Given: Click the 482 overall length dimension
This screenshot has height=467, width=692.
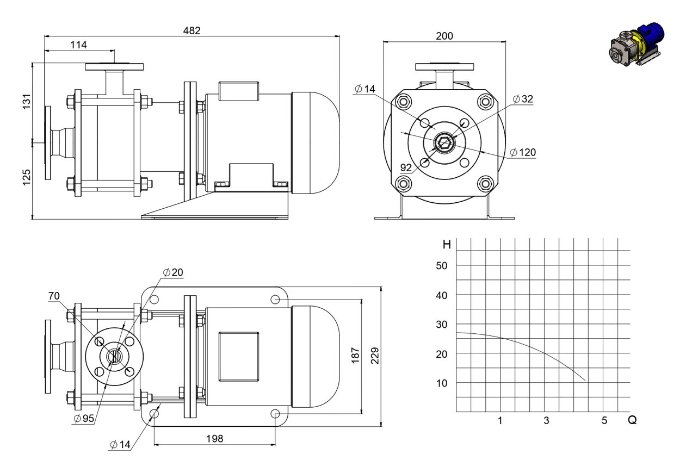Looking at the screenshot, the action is pos(191,30).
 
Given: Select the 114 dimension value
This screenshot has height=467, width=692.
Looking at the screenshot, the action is pos(78,45).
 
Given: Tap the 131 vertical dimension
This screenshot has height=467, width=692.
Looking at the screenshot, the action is pos(27,101).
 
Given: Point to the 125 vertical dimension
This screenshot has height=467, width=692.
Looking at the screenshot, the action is pos(27,177).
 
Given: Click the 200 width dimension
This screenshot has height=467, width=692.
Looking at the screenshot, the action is pos(444,36).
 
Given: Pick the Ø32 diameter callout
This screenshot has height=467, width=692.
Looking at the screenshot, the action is pos(523,99).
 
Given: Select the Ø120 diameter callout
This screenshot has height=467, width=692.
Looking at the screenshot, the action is pos(523,152).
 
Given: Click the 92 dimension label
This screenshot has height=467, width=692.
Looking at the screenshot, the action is pos(406,167).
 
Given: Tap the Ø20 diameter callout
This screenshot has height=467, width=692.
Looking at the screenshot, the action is pos(173,272).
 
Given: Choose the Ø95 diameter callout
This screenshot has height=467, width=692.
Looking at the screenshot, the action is pos(84,419).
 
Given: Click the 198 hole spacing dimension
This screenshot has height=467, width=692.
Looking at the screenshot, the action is pos(214,439).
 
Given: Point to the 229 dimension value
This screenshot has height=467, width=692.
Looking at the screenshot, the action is pos(375,356).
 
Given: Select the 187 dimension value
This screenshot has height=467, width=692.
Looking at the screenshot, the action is pos(356,355).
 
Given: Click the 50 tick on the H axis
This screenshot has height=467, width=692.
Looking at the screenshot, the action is pos(441,266).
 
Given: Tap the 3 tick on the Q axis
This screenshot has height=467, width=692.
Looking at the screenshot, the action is pos(547,420).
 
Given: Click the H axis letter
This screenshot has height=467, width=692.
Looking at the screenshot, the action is pos(447,245).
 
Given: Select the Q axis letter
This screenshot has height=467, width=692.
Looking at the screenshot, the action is pos(632,420).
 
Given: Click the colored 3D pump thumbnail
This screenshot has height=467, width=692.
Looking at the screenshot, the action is pos(637,44).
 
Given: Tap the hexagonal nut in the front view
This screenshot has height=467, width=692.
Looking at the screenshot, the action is pos(444,142).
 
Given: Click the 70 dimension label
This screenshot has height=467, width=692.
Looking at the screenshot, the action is pos(54,296).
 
